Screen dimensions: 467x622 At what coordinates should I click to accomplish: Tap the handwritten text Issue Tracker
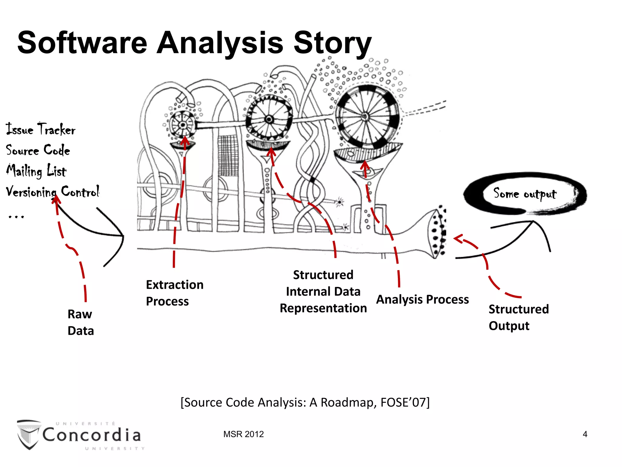41,129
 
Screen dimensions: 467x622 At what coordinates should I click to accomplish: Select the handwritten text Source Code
38,150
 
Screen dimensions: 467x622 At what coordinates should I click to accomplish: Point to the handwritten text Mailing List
36,171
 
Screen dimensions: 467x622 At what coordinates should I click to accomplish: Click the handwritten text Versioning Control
53,192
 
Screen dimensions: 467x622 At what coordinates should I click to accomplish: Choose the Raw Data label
80,322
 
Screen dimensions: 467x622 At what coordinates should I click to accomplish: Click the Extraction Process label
174,293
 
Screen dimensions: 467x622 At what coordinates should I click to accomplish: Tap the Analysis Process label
422,299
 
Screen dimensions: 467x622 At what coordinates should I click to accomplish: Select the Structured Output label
518,317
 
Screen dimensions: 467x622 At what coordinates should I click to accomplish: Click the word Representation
323,308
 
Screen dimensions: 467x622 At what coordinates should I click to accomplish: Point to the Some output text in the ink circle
525,194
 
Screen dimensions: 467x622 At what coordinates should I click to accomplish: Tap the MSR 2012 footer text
243,434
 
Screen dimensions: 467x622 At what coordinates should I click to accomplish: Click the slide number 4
585,434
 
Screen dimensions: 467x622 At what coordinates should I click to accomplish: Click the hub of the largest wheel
365,116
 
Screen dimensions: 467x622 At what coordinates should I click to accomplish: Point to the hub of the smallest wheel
183,125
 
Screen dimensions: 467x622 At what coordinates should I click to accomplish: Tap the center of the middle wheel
269,119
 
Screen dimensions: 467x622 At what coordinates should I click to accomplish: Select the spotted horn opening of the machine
437,233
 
